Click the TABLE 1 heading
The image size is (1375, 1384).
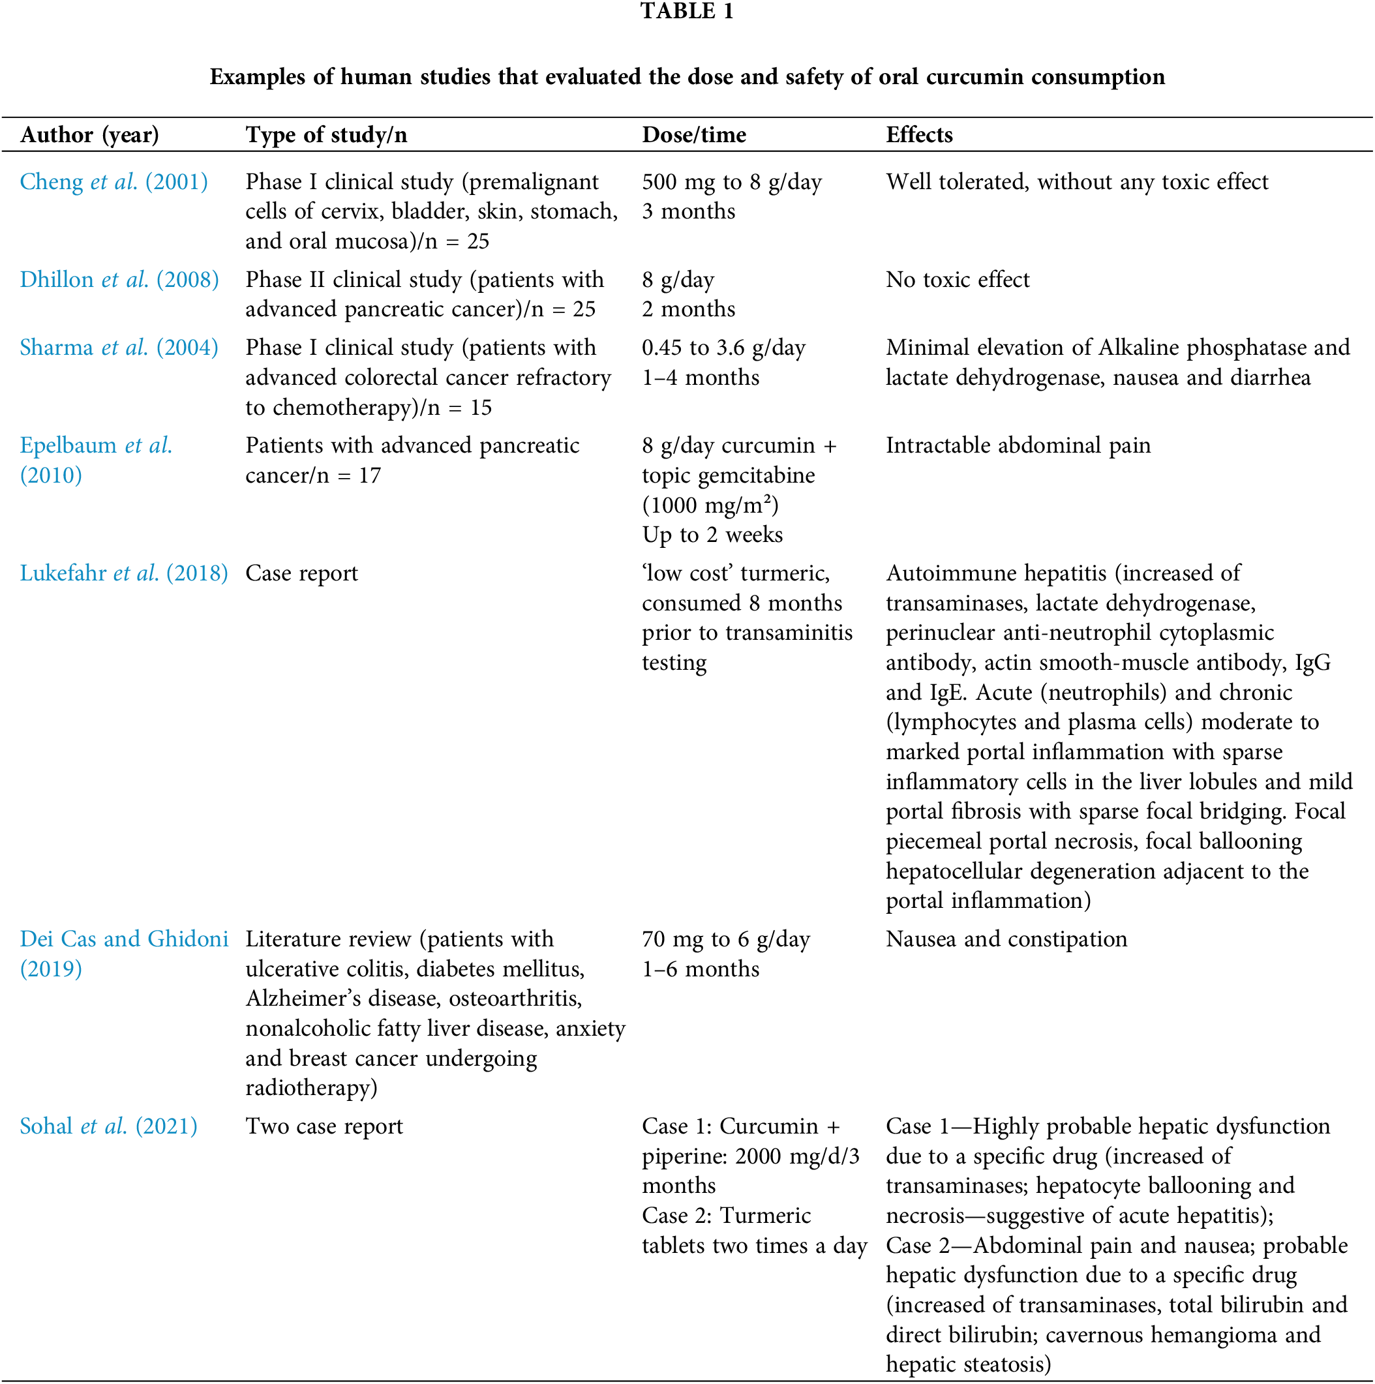click(686, 12)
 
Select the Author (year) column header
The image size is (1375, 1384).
click(89, 134)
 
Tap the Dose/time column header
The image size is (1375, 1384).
click(693, 134)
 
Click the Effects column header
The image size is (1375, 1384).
click(918, 134)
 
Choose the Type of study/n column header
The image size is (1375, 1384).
click(326, 134)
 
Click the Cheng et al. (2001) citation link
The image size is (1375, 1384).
click(113, 182)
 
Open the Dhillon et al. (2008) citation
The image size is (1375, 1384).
click(119, 279)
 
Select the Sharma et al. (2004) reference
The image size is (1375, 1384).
click(119, 348)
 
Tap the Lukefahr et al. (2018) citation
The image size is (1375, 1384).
click(123, 573)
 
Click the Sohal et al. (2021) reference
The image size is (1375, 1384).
click(108, 1126)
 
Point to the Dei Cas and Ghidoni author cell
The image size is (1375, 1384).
click(123, 939)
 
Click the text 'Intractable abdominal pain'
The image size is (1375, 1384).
click(1018, 445)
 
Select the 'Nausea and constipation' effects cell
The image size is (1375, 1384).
click(1006, 939)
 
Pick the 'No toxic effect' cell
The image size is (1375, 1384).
click(958, 279)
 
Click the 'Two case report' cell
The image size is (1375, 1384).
click(324, 1126)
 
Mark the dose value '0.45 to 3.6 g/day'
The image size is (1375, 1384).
click(723, 348)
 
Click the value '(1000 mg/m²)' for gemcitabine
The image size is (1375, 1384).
click(710, 505)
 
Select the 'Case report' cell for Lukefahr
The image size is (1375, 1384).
click(301, 573)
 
